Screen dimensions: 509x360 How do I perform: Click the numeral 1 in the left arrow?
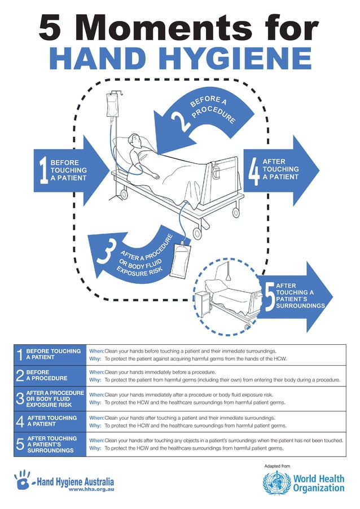tap(43, 170)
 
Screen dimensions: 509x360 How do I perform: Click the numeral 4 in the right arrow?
tap(254, 170)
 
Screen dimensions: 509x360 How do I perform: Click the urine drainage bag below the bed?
tap(181, 259)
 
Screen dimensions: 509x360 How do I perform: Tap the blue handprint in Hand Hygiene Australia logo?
tap(23, 481)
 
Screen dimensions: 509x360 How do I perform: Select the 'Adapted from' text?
tap(276, 466)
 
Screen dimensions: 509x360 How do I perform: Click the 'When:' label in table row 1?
tap(96, 351)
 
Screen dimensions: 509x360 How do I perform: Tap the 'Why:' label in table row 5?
tap(95, 447)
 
